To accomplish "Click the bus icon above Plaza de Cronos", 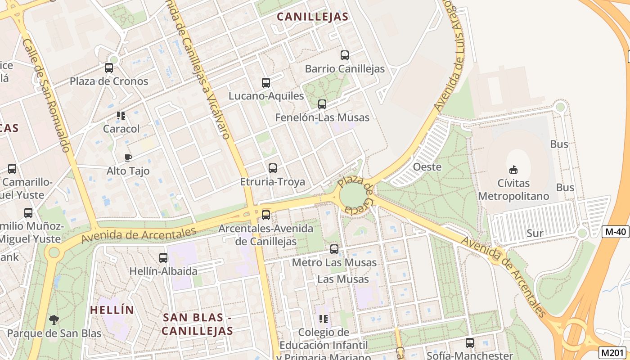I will pyautogui.click(x=109, y=68).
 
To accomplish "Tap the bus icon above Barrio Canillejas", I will pyautogui.click(x=345, y=55).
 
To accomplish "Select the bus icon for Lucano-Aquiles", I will pyautogui.click(x=266, y=83).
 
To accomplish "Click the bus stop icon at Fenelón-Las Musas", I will pyautogui.click(x=322, y=104).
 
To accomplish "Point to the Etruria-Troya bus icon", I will pyautogui.click(x=273, y=168).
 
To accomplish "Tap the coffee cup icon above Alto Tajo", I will pyautogui.click(x=128, y=157).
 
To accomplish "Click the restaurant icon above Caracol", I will pyautogui.click(x=121, y=116).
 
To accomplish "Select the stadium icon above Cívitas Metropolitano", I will pyautogui.click(x=513, y=170).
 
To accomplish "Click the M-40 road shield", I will pyautogui.click(x=615, y=232).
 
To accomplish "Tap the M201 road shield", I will pyautogui.click(x=613, y=352).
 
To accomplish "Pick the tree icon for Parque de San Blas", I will pyautogui.click(x=54, y=320).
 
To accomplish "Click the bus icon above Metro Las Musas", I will pyautogui.click(x=334, y=249).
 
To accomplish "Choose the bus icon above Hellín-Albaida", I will pyautogui.click(x=163, y=258).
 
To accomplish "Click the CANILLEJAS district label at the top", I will pyautogui.click(x=312, y=17).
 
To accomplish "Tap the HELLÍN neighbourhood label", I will pyautogui.click(x=112, y=310).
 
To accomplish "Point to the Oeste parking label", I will pyautogui.click(x=427, y=166).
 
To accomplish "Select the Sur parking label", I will pyautogui.click(x=535, y=233).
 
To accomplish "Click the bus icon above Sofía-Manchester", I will pyautogui.click(x=470, y=342).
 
